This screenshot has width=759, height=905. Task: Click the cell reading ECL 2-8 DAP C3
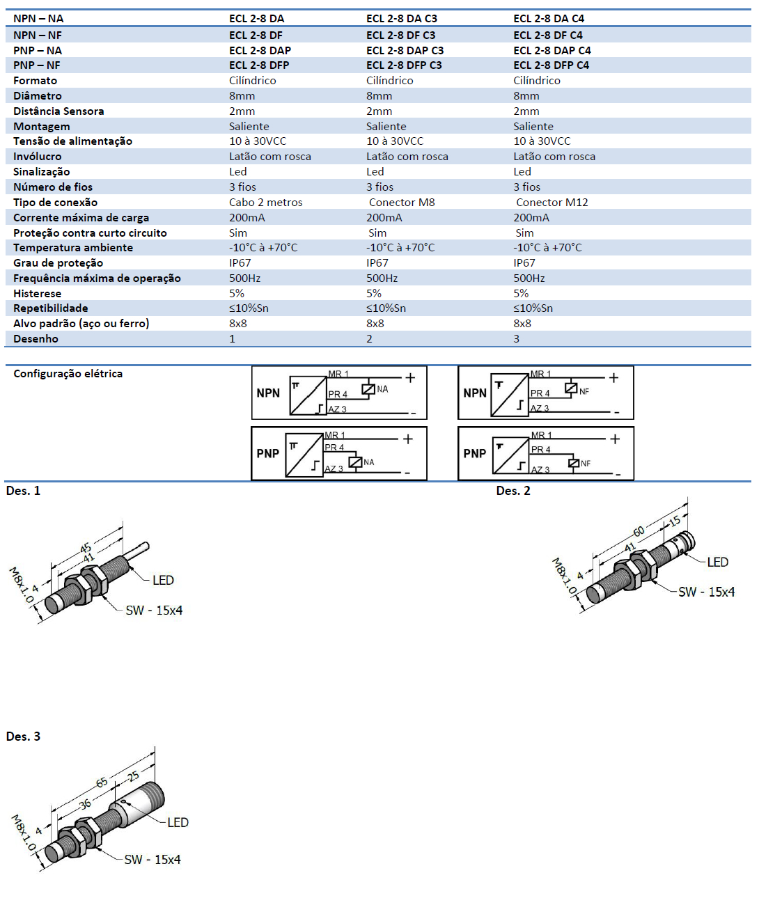(x=405, y=50)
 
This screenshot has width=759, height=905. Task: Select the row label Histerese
(x=37, y=293)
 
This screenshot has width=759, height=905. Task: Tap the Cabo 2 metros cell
(x=265, y=202)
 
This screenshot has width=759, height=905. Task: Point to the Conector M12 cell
(x=551, y=202)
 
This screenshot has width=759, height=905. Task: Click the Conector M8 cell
(x=402, y=202)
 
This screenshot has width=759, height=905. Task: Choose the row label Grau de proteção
(x=58, y=262)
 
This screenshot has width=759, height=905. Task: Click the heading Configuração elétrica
(x=68, y=373)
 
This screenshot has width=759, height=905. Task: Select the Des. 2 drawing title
(x=512, y=491)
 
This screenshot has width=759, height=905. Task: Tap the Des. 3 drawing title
(x=23, y=737)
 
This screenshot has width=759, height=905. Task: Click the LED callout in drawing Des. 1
(x=163, y=580)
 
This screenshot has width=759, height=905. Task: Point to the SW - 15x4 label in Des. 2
(x=706, y=592)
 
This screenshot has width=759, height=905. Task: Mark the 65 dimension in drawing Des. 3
(x=102, y=783)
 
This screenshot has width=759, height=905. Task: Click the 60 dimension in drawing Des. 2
(x=639, y=531)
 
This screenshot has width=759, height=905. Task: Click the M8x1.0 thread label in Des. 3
(x=23, y=833)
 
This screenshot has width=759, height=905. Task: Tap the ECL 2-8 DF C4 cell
(x=548, y=35)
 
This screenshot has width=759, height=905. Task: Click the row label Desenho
(x=36, y=338)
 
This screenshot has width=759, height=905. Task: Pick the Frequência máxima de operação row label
(x=97, y=278)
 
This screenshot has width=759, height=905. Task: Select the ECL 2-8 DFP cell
(x=259, y=65)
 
